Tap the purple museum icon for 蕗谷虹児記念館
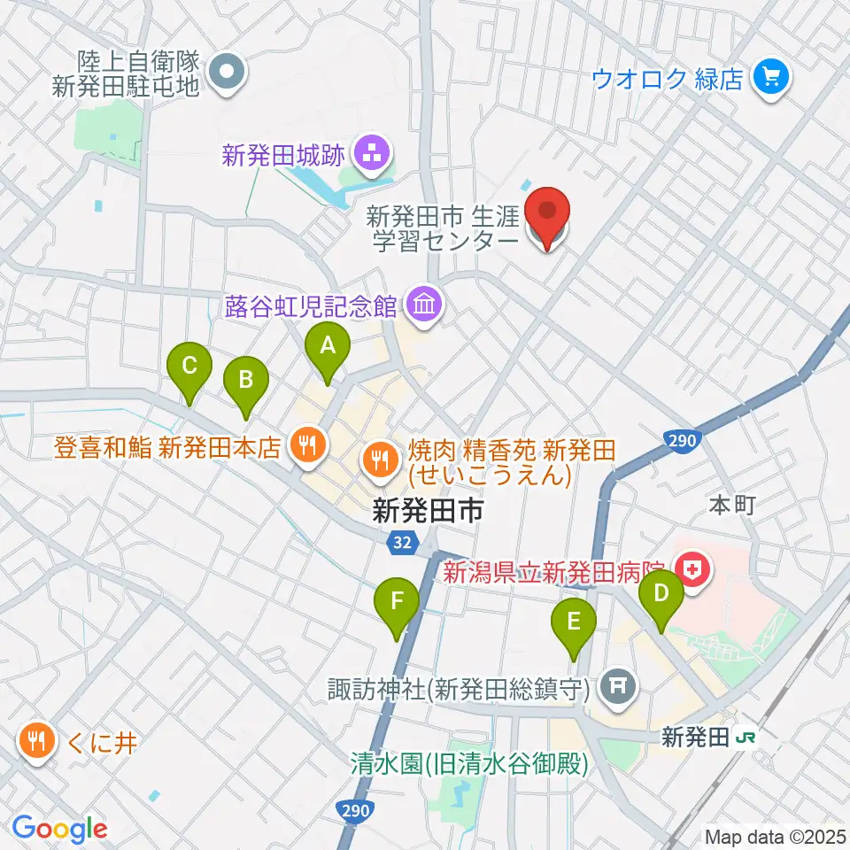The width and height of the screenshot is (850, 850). click(x=423, y=306)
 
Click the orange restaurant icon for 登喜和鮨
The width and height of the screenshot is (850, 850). click(x=306, y=444)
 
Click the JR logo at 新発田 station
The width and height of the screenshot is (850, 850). click(x=749, y=737)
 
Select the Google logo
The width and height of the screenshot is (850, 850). click(x=59, y=828)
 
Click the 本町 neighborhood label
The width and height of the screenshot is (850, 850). click(x=730, y=505)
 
